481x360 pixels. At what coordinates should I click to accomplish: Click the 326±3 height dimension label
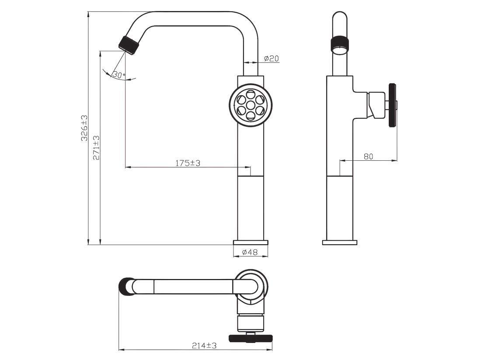point(84,128)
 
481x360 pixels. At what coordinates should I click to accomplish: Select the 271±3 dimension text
point(96,148)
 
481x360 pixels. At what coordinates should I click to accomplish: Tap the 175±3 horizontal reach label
point(188,163)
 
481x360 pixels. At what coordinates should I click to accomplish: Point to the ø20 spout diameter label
point(272,58)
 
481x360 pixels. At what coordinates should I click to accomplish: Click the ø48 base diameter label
point(250,252)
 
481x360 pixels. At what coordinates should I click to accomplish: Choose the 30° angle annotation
point(119,74)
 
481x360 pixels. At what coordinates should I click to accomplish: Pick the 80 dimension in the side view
point(369,156)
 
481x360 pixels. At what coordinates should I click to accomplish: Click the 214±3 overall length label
point(204,346)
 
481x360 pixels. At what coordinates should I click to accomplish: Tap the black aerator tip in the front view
point(129,45)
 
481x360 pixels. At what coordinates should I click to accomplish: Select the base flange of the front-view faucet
point(251,242)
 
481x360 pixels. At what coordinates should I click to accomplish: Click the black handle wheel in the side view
point(392,105)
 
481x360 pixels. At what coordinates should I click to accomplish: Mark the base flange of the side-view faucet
point(340,242)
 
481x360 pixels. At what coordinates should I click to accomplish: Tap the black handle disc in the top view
point(251,338)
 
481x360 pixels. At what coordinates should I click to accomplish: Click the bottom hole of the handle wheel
point(251,115)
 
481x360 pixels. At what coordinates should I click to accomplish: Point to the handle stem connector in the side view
point(376,105)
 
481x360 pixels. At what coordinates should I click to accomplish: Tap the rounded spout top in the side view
point(340,18)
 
